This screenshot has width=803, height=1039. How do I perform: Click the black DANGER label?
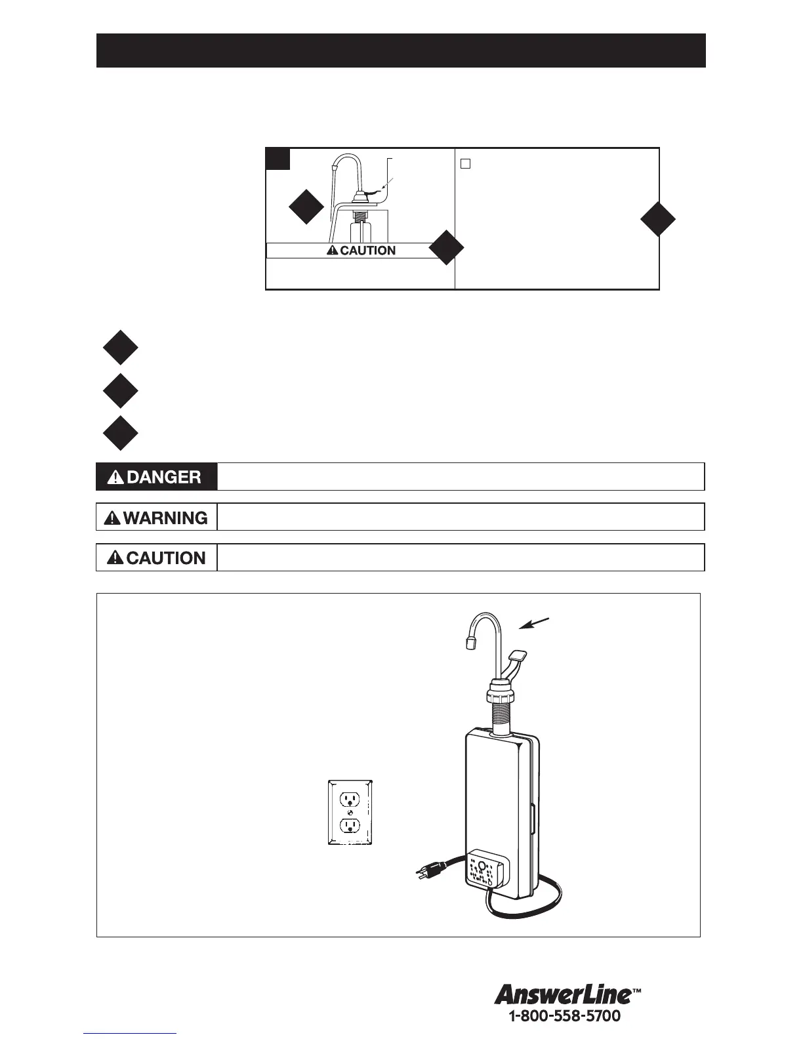(157, 477)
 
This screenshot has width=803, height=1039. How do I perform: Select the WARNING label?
(157, 518)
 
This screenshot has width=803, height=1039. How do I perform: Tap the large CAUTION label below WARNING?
(157, 558)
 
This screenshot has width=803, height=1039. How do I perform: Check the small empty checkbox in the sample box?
(465, 164)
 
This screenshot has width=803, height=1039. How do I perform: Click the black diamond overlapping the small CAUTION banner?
(446, 248)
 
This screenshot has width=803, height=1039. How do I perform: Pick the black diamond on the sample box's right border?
(658, 219)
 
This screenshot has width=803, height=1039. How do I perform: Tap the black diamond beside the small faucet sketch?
(306, 207)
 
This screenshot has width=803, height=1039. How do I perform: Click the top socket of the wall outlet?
(350, 798)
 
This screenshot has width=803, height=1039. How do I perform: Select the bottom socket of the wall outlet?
(350, 825)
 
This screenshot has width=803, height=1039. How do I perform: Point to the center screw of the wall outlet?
(350, 812)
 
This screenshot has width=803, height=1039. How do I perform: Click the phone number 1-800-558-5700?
(564, 1017)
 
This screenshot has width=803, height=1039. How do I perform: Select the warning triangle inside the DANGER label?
(115, 478)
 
